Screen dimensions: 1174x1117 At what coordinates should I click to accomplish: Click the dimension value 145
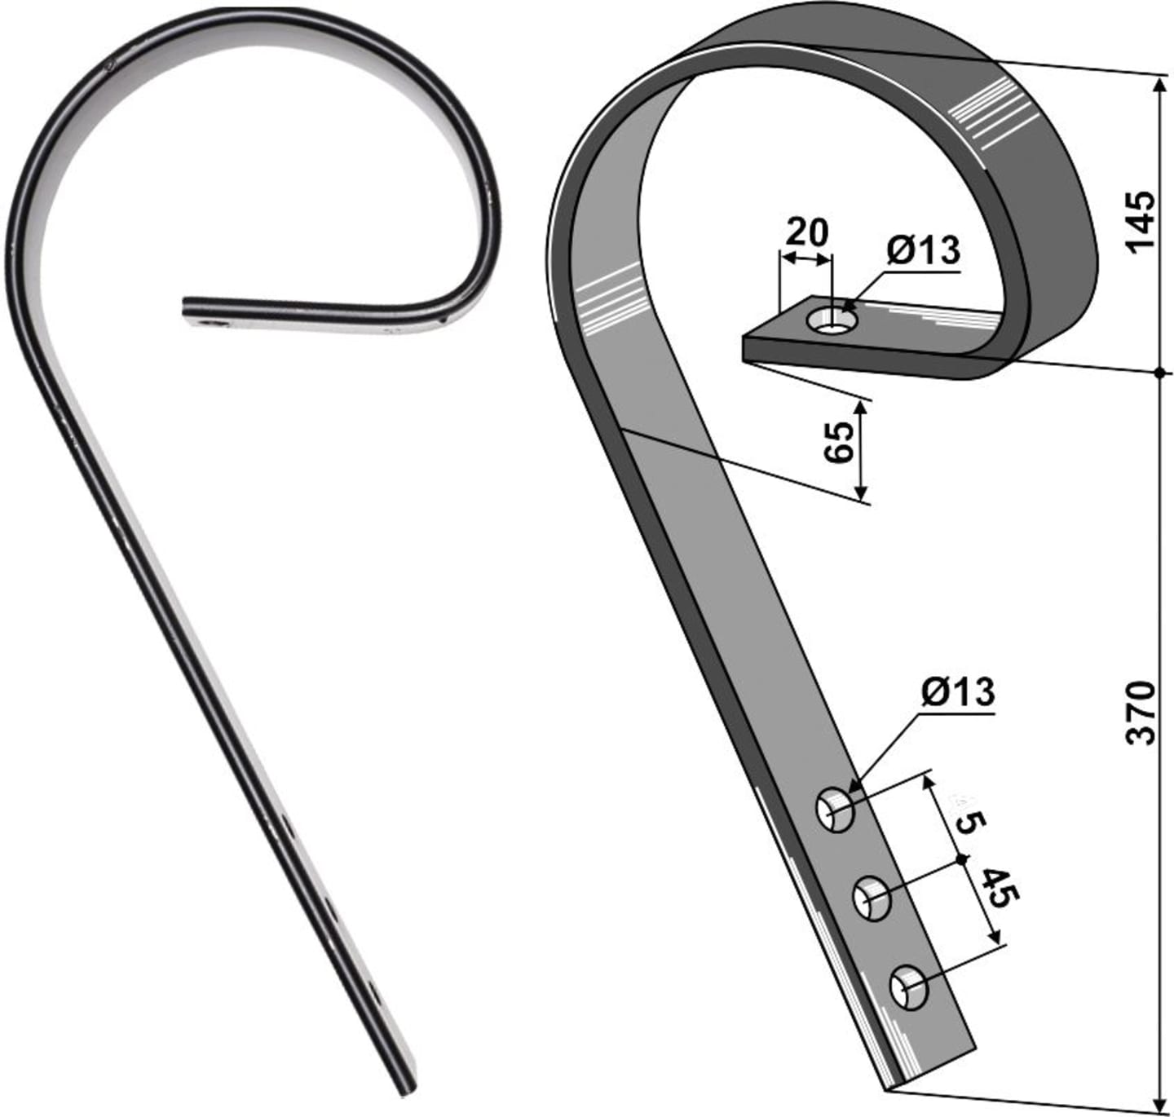[1140, 223]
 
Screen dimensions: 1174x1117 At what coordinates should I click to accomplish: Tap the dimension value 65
[838, 443]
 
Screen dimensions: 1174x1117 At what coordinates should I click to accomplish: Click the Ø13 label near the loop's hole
[924, 250]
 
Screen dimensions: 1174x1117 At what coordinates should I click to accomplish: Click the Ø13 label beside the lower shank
[957, 692]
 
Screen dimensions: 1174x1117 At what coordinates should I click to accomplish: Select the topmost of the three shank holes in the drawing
[836, 810]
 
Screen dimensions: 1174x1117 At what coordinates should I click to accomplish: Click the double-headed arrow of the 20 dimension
[805, 258]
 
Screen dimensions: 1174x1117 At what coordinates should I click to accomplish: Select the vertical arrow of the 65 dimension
[860, 450]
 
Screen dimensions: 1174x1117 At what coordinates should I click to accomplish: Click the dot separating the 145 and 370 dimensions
[1159, 373]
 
